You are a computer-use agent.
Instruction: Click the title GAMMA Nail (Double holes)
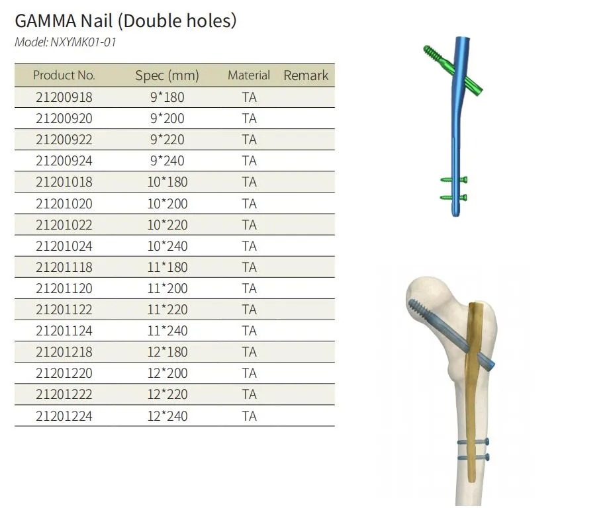click(125, 21)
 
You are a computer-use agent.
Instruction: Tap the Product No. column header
click(64, 75)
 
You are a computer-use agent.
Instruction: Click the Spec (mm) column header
click(167, 75)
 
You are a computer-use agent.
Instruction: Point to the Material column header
click(249, 75)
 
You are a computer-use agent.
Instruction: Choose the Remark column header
click(306, 75)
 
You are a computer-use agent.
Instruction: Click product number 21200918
click(64, 97)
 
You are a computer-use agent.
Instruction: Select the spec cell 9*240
click(167, 161)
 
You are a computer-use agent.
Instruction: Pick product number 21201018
click(64, 182)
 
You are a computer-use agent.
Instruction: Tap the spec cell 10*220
click(167, 225)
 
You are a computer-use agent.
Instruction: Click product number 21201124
click(64, 331)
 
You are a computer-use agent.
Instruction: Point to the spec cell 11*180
click(167, 267)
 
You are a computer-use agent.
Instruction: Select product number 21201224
click(64, 416)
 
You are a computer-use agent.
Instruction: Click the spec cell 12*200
click(167, 373)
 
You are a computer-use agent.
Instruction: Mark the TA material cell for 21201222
click(249, 394)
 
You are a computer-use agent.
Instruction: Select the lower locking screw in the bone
click(473, 456)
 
